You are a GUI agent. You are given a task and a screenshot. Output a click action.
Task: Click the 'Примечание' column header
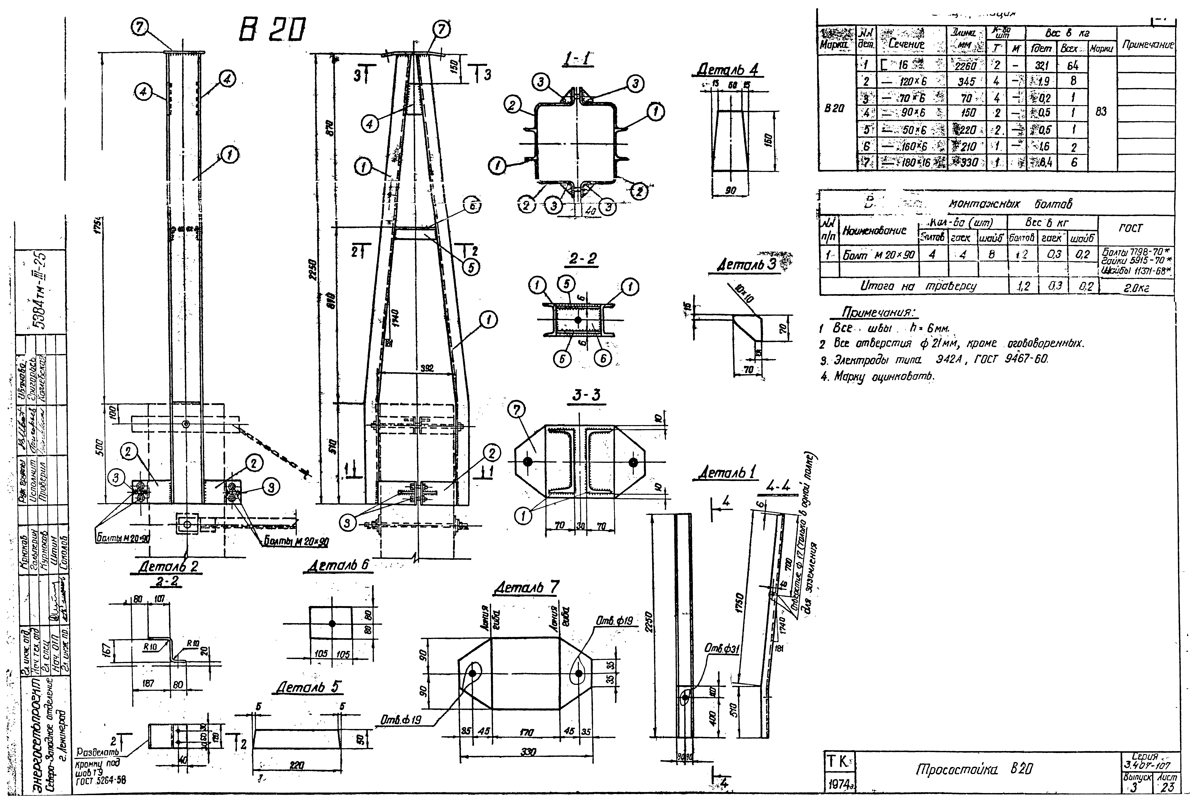click(x=1147, y=45)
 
